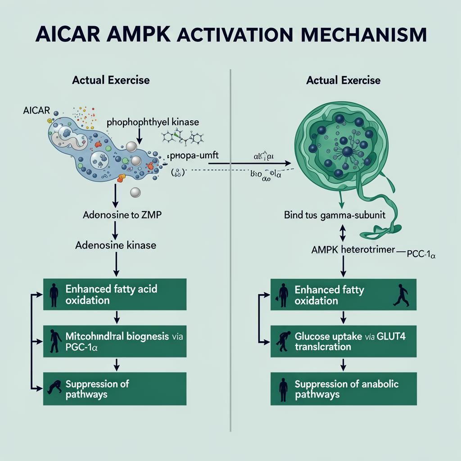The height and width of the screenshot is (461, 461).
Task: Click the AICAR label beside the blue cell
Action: point(37,110)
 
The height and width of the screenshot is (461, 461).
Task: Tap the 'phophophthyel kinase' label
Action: point(153,122)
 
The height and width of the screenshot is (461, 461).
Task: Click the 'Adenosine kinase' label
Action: point(116,245)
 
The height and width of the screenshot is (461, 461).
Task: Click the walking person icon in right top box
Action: point(401,296)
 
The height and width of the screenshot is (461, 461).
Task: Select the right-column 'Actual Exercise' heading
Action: point(343,81)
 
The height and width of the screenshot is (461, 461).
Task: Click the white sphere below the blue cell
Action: point(135,193)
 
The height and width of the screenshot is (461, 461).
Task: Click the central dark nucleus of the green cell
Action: point(348,152)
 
